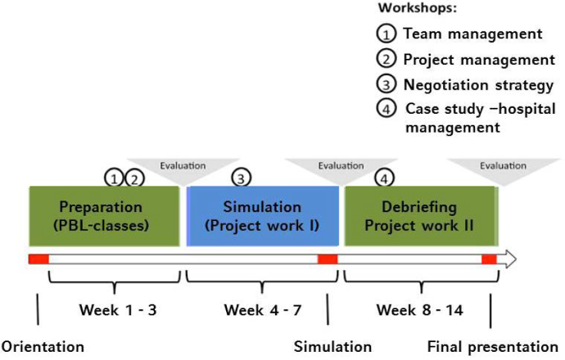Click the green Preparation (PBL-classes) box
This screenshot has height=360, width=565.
tap(104, 215)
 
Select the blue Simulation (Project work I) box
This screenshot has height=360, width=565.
tap(263, 215)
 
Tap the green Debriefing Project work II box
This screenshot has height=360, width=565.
tap(420, 215)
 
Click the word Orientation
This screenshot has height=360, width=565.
tap(42, 346)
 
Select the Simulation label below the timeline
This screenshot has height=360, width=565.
tap(332, 346)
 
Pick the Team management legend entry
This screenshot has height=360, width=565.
tap(472, 34)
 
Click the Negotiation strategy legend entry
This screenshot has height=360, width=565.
tap(478, 84)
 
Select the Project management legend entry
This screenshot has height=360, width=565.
tap(478, 59)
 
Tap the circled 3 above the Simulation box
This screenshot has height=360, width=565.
tap(241, 177)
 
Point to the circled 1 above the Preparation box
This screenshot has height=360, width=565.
tap(114, 177)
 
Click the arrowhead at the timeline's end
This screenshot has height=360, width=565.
tap(508, 259)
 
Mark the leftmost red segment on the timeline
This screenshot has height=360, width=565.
tap(38, 259)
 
